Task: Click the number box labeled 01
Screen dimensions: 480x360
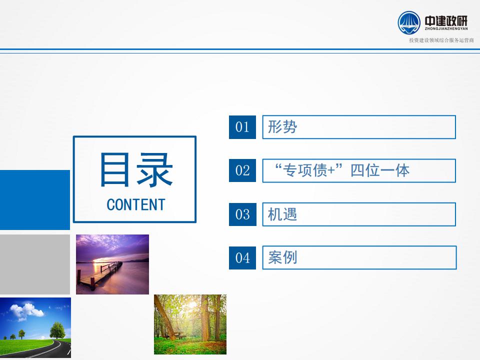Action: click(x=242, y=127)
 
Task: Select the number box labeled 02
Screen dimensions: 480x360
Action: click(x=242, y=170)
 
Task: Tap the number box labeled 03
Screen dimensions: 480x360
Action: click(x=242, y=214)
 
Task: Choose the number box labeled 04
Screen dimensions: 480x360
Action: click(x=242, y=258)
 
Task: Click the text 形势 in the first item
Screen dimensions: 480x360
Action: click(x=282, y=126)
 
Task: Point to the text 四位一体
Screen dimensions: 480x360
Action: click(x=380, y=170)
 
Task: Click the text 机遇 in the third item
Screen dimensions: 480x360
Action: click(x=282, y=214)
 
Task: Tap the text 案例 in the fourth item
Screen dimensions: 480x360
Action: click(x=282, y=257)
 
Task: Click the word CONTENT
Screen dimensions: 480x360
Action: click(x=136, y=205)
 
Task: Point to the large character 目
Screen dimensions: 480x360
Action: click(x=114, y=169)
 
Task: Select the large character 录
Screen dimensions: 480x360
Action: click(x=154, y=169)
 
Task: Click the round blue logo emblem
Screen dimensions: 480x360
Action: click(x=409, y=22)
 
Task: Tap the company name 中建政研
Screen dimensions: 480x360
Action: click(x=446, y=21)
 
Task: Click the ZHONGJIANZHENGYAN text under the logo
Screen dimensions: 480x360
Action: click(x=446, y=29)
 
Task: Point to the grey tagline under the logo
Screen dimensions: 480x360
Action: click(x=441, y=40)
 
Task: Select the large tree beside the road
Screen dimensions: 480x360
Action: click(x=57, y=330)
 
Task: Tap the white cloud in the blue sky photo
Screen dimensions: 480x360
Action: click(x=27, y=310)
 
